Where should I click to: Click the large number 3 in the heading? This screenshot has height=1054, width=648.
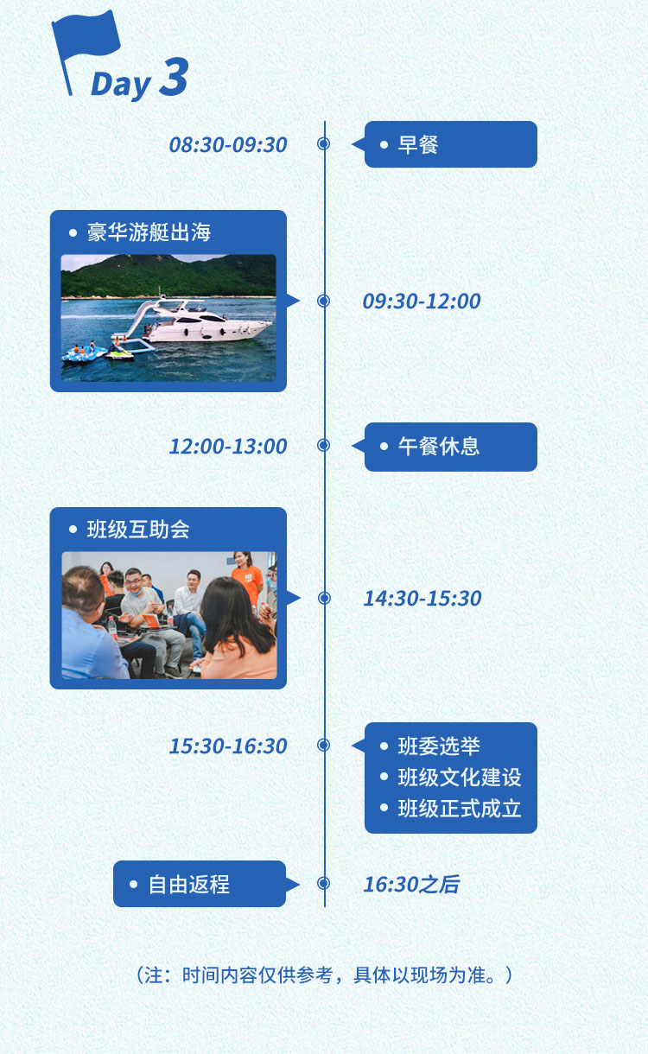[x=175, y=76]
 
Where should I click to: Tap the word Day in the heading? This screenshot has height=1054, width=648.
[x=120, y=85]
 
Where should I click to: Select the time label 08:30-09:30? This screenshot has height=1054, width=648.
[x=228, y=144]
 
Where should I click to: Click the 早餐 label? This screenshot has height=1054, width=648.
[x=418, y=144]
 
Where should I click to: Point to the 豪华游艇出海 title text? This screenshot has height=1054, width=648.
[x=149, y=232]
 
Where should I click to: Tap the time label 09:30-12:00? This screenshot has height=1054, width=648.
[x=422, y=302]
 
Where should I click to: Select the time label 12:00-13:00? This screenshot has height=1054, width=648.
[x=228, y=446]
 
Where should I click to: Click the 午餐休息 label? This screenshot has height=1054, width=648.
[x=439, y=446]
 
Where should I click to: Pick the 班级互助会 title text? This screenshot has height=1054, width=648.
[x=138, y=530]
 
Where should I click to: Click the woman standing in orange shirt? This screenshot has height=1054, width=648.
[x=246, y=580]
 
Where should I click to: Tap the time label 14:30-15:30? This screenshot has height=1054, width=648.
[x=422, y=599]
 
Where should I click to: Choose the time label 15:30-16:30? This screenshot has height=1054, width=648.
[x=228, y=746]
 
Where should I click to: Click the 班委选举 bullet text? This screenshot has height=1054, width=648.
[x=439, y=746]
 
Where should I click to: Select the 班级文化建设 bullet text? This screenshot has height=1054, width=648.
[x=460, y=778]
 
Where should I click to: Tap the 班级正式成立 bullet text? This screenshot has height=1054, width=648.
[x=460, y=809]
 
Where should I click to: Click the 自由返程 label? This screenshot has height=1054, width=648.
[x=189, y=885]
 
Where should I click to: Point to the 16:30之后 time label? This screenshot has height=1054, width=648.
[x=412, y=884]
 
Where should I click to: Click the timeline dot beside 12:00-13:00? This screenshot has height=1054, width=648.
[x=324, y=445]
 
